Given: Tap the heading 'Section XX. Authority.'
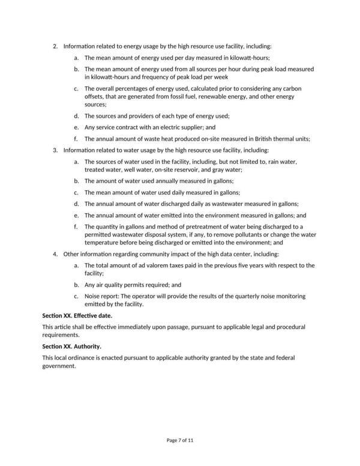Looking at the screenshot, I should point(71,346).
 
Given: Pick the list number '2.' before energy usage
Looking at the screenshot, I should point(56,46).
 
